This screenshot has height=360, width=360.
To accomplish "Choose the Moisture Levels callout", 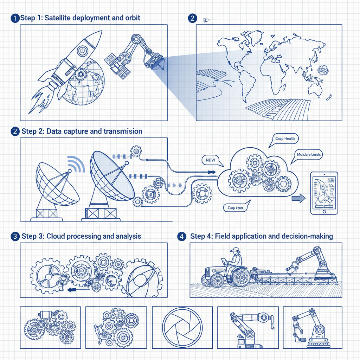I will pos(309,154).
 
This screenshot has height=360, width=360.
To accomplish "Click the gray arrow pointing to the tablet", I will pos(298,199).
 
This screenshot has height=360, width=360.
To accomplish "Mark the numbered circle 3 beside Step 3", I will pos(15,236).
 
